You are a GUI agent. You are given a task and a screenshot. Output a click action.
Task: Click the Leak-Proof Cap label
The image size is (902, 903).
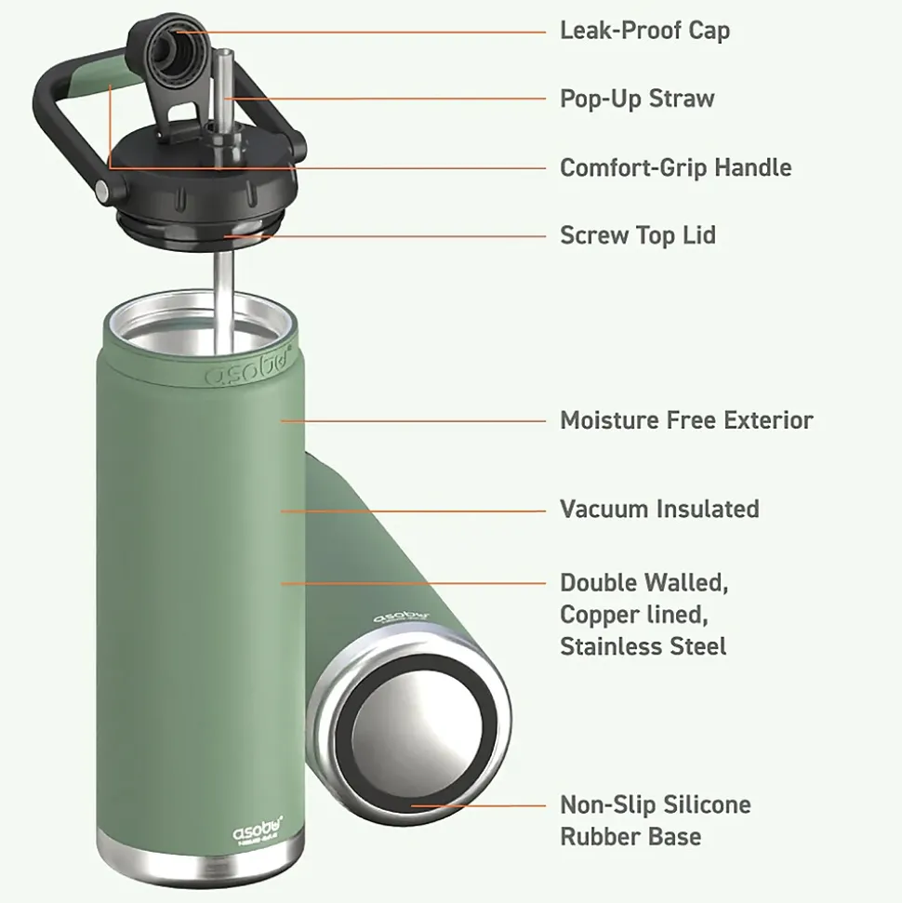click(644, 30)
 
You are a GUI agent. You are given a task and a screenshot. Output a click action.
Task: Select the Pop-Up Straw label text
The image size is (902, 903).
click(637, 99)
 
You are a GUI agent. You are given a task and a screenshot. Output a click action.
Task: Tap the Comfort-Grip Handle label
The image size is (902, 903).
click(675, 167)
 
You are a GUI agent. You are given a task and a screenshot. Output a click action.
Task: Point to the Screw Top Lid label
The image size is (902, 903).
click(638, 235)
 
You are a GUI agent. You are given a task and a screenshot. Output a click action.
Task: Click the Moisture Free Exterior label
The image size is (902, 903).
click(686, 420)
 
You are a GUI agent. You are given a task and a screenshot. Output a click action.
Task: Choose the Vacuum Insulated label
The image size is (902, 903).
click(659, 509)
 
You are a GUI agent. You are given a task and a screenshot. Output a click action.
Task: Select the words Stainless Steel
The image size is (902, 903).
click(643, 645)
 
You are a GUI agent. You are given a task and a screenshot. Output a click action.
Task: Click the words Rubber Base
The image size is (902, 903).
click(630, 836)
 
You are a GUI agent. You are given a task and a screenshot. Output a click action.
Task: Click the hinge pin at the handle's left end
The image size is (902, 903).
click(100, 193)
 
